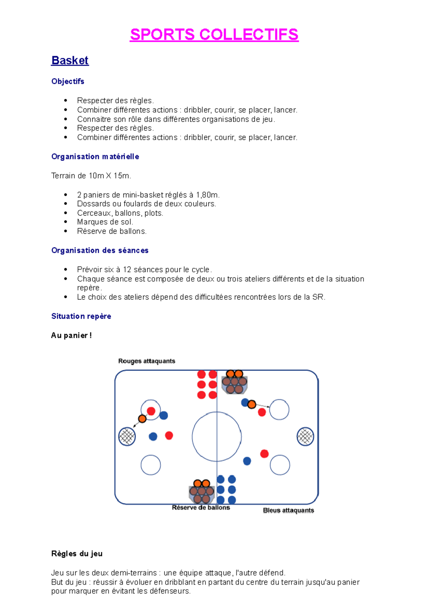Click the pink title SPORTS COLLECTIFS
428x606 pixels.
click(214, 35)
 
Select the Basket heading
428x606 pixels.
click(70, 60)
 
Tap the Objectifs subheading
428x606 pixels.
click(68, 81)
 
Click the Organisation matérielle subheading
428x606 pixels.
click(95, 157)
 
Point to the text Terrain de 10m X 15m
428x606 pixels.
click(91, 176)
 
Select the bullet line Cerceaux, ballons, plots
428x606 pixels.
click(120, 213)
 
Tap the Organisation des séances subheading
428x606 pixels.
click(100, 251)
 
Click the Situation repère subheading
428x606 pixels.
click(81, 316)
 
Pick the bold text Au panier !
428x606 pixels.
click(71, 335)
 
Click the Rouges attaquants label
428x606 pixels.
click(147, 361)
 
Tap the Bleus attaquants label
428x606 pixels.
click(288, 510)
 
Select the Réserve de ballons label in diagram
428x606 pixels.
click(201, 507)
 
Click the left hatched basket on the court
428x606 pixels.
click(127, 436)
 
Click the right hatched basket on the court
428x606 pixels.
click(305, 436)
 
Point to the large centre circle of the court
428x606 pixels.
click(216, 436)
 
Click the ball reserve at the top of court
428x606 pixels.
click(234, 383)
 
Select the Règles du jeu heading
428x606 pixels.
click(77, 554)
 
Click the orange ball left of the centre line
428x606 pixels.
click(142, 419)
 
